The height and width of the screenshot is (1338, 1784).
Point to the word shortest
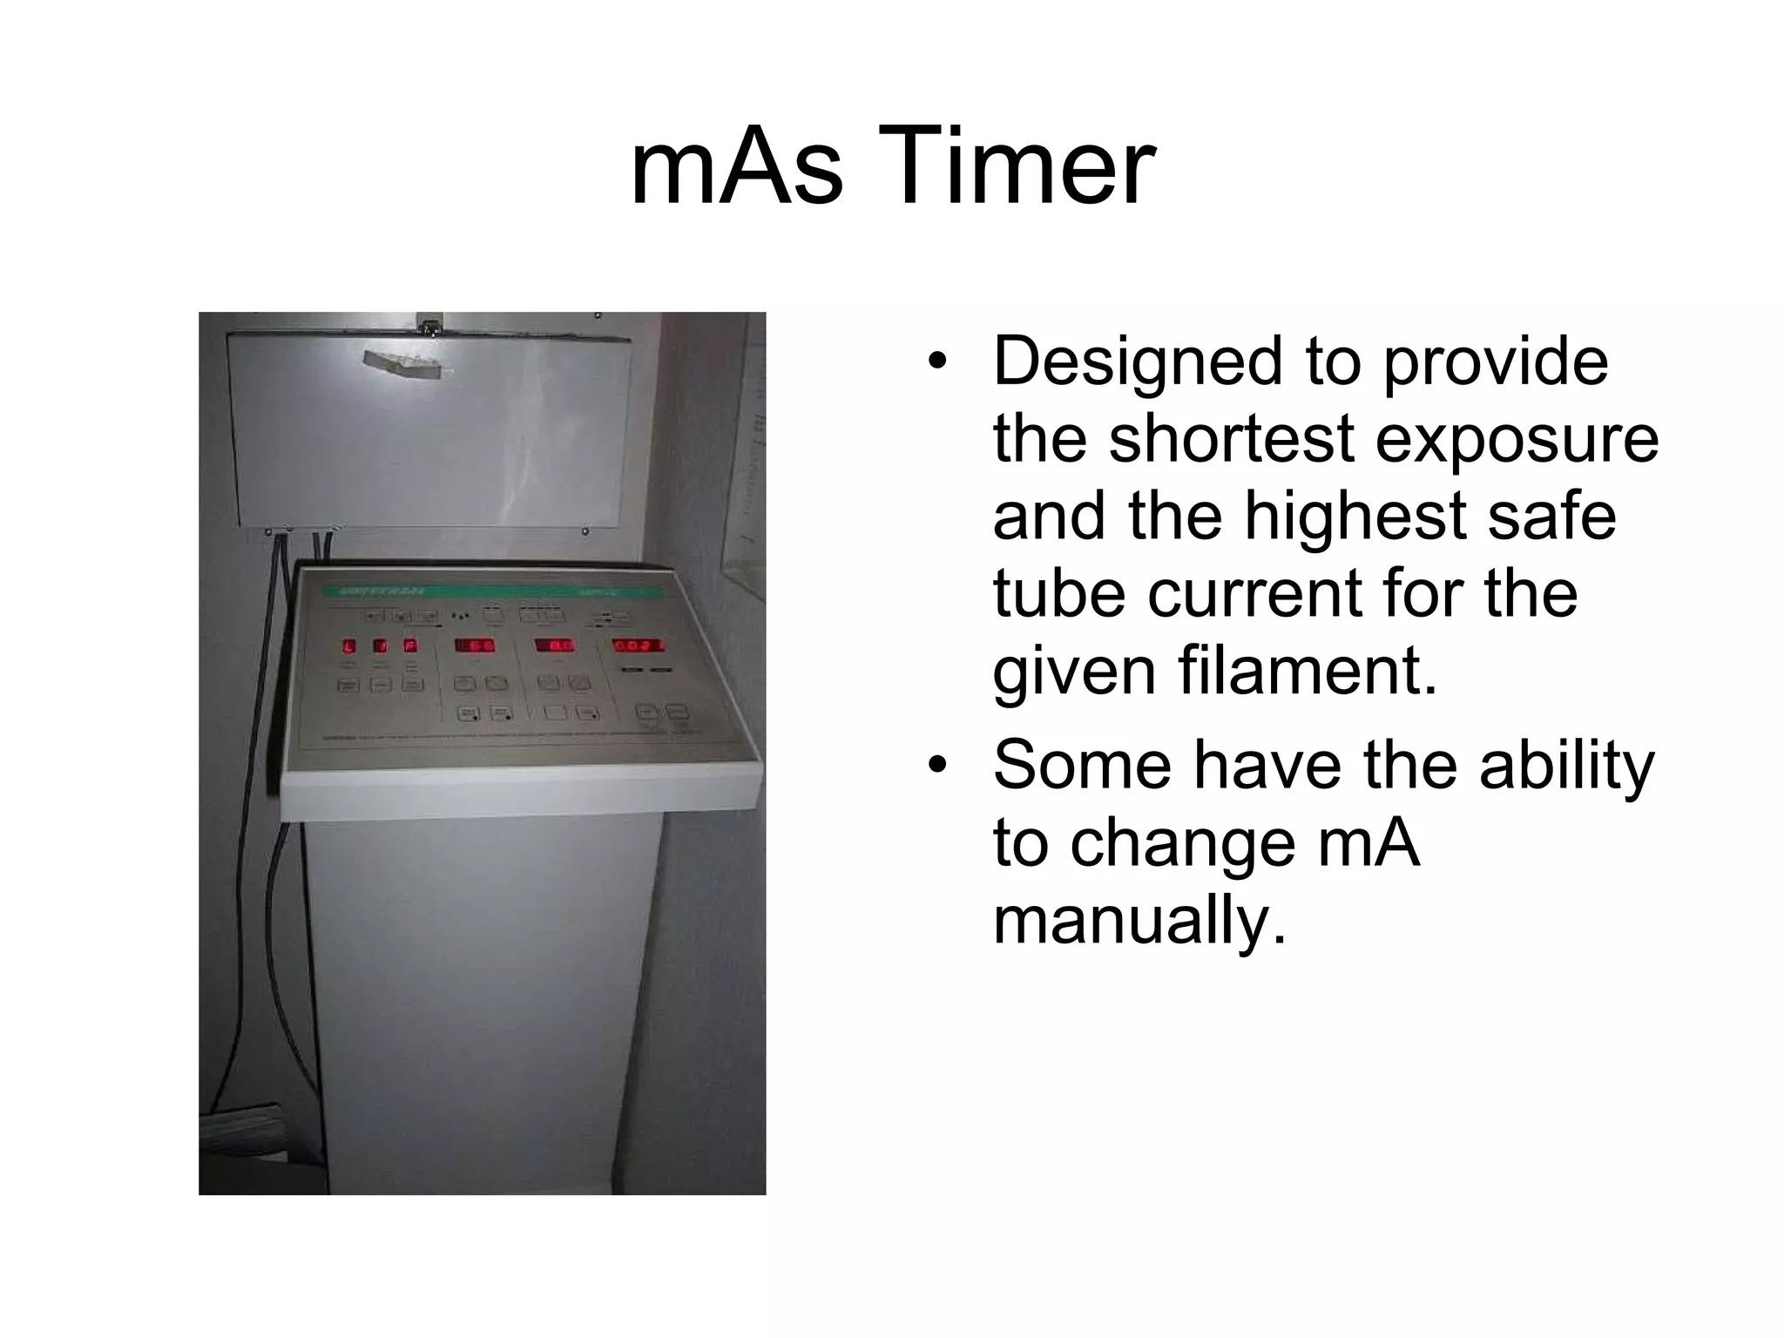1231,438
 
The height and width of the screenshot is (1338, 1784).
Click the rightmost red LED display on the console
638,645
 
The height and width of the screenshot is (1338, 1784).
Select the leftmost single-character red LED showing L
349,646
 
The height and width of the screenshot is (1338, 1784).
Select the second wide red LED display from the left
555,645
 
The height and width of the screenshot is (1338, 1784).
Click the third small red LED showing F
409,646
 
